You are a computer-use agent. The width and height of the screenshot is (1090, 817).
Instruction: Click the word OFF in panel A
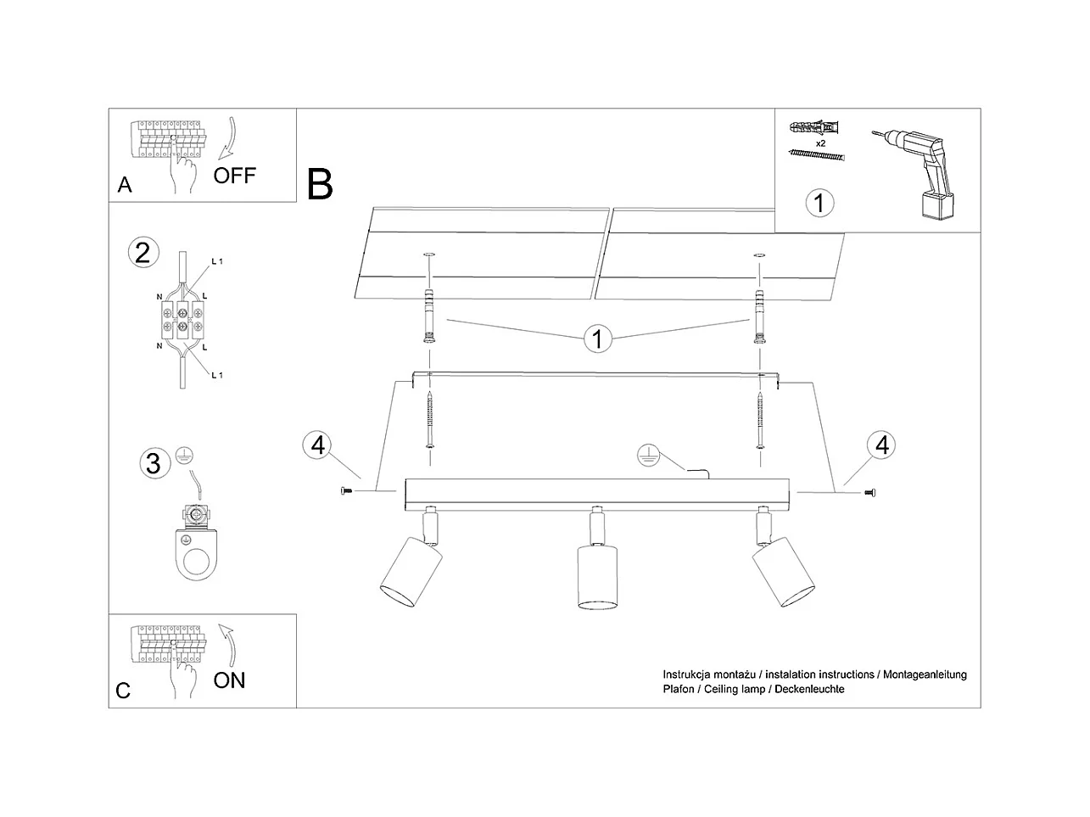coord(234,176)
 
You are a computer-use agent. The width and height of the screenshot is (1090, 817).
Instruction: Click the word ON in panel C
coord(229,680)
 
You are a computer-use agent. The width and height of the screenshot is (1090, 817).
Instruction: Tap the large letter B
coord(320,184)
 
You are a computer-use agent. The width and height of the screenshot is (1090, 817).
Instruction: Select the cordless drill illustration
coord(914,174)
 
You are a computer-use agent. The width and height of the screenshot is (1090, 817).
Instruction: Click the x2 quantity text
coord(821,143)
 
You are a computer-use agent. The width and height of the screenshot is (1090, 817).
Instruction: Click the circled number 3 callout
coord(154,463)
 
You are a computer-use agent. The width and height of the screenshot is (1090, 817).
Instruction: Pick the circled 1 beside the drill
coord(819,203)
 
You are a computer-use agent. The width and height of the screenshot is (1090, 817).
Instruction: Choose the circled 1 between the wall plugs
coord(597,339)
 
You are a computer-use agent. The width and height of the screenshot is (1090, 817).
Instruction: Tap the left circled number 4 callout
coord(318,445)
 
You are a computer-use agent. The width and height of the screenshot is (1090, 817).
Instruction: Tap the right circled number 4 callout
coord(881,445)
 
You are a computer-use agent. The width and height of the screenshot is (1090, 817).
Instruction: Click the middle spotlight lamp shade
coord(597,577)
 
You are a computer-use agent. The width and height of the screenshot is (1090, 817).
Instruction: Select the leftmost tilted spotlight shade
coord(411,572)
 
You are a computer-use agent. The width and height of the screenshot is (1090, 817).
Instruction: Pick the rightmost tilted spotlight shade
coord(783,572)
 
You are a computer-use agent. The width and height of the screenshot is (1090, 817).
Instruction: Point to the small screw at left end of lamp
coord(346,491)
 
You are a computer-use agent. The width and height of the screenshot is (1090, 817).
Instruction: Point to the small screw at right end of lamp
coord(870,492)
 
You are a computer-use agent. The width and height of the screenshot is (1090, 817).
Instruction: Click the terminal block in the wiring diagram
coord(183,320)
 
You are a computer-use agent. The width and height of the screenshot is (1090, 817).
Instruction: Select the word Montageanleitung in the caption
coord(925,674)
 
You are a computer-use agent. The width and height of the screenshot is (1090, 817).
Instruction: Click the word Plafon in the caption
coord(679,689)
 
